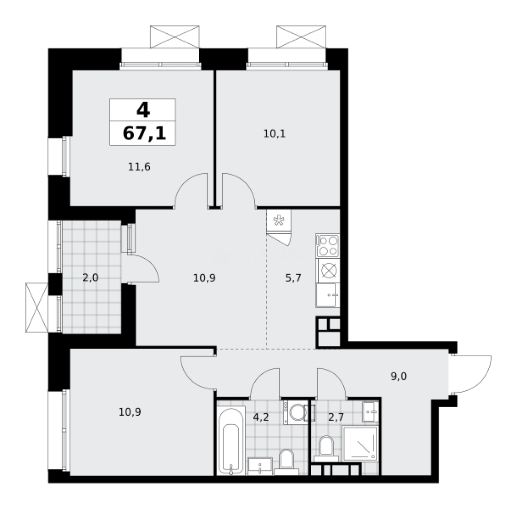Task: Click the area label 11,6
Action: point(139,166)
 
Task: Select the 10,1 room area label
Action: point(275,133)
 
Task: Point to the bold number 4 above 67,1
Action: point(143,110)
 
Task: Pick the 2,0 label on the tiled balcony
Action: point(90,277)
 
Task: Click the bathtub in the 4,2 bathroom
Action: point(231,442)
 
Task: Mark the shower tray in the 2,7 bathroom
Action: point(360,443)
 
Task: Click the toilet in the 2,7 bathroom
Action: point(325,448)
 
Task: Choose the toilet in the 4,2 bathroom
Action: point(286,460)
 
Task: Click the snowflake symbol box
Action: point(279,221)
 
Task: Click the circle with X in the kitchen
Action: point(328,271)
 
